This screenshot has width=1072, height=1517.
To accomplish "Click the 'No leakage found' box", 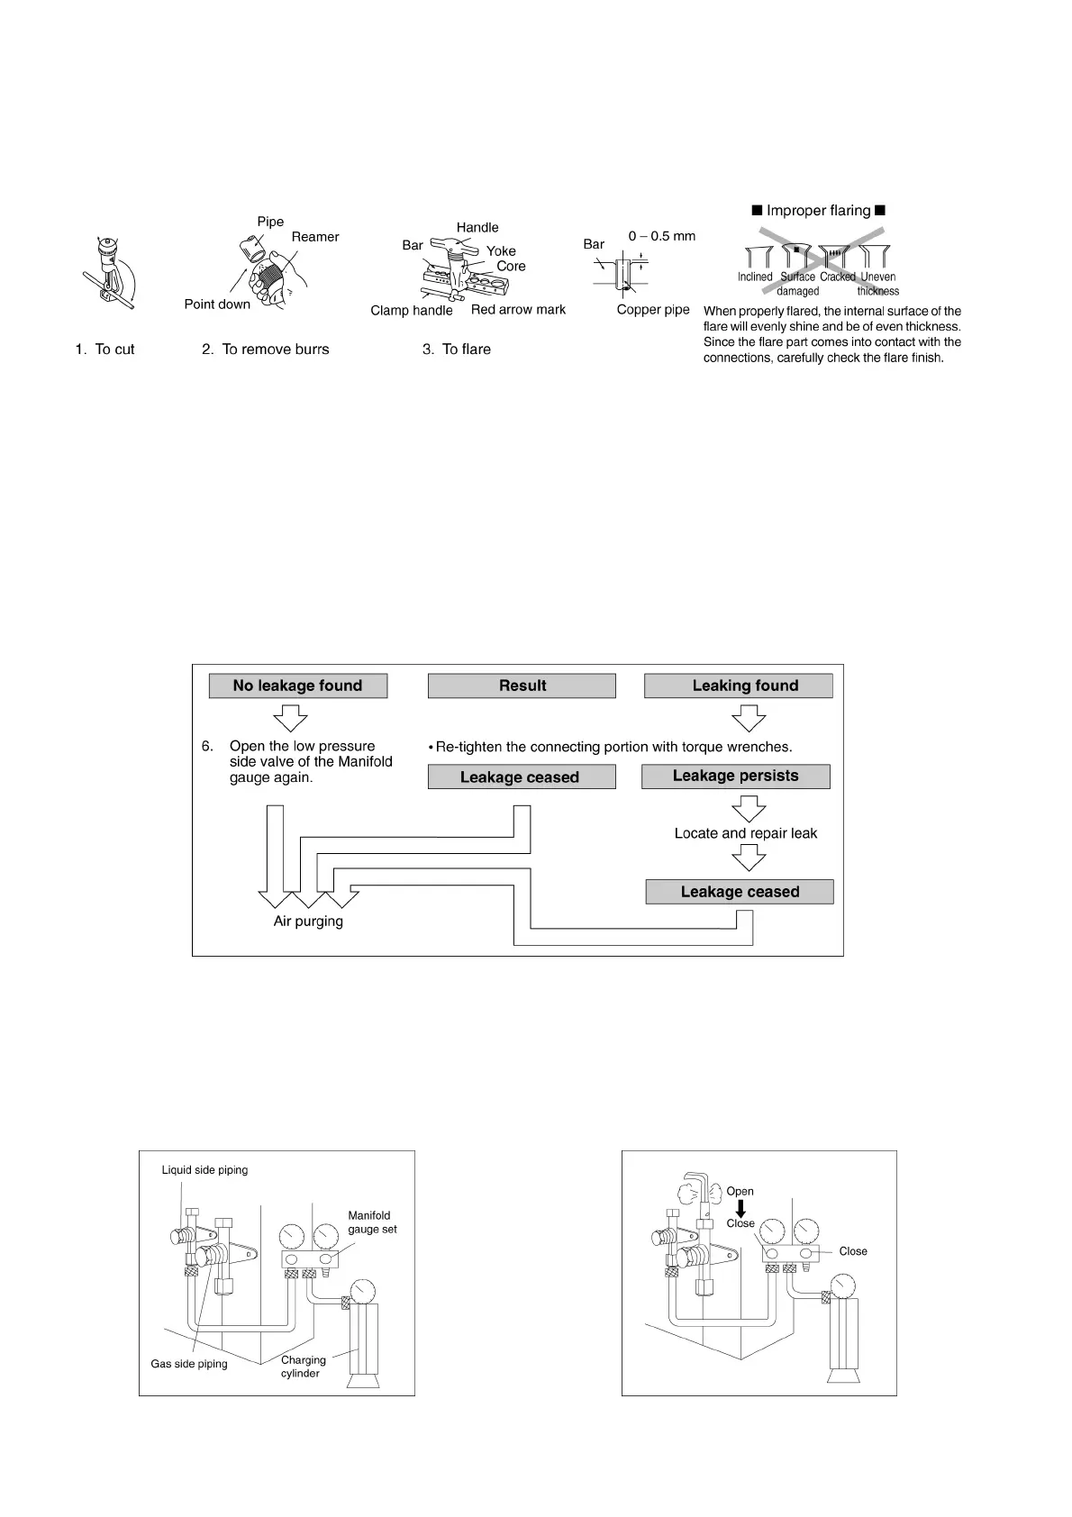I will [297, 686].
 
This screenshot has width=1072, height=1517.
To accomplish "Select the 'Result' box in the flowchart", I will [522, 686].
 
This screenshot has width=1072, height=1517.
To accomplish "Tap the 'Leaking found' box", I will [738, 686].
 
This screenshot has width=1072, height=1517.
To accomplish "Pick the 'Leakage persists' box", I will [735, 776].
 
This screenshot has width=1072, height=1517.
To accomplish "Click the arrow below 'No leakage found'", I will [290, 717].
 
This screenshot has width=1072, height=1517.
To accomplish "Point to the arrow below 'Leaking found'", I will [749, 717].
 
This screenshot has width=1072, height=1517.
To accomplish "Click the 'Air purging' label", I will [308, 922].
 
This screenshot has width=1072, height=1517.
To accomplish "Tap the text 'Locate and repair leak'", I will [745, 833].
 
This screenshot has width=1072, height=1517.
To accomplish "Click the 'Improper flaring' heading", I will [819, 211].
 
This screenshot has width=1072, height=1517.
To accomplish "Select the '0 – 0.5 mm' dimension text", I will [661, 236].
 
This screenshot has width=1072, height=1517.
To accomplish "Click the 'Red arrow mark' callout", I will [518, 310].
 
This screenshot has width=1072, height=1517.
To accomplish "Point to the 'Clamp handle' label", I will [411, 311].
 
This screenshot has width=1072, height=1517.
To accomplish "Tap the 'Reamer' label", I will [315, 237].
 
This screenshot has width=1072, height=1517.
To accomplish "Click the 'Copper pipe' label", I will [652, 310].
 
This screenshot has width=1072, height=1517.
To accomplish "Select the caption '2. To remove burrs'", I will [265, 350].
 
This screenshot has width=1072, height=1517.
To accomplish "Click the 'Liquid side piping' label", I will [204, 1170].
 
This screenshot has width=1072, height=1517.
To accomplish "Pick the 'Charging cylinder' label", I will [303, 1367].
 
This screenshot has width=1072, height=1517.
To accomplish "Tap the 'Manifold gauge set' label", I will [372, 1222].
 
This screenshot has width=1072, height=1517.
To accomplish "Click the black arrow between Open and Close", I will [740, 1208].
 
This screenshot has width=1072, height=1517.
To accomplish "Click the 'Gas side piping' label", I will [189, 1364].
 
